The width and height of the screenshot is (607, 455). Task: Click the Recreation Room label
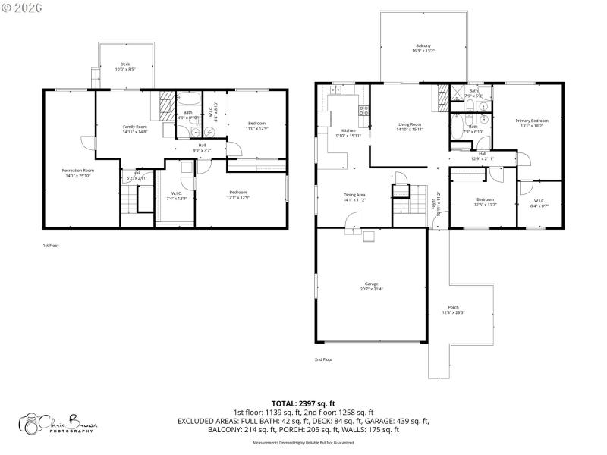(x=78, y=171)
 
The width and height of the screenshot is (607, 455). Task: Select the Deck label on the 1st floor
(x=124, y=64)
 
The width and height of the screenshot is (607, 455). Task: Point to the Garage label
(x=372, y=284)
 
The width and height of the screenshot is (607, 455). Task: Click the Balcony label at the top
(x=423, y=45)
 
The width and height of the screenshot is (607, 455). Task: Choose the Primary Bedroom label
(x=532, y=121)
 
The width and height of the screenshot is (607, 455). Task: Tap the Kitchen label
(x=348, y=130)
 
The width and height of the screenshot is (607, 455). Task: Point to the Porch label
(x=453, y=307)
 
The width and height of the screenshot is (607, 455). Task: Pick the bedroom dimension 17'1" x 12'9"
(x=238, y=198)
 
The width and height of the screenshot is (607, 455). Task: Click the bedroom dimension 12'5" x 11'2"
(x=486, y=204)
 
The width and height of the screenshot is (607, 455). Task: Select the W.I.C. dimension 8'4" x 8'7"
(x=539, y=205)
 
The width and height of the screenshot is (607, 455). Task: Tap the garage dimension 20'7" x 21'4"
(x=372, y=290)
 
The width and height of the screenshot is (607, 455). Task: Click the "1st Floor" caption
(x=51, y=246)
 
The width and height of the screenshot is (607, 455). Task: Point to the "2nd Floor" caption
(x=324, y=359)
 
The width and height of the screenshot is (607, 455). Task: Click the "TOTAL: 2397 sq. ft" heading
(x=303, y=403)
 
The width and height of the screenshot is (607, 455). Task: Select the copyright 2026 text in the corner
(x=22, y=7)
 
